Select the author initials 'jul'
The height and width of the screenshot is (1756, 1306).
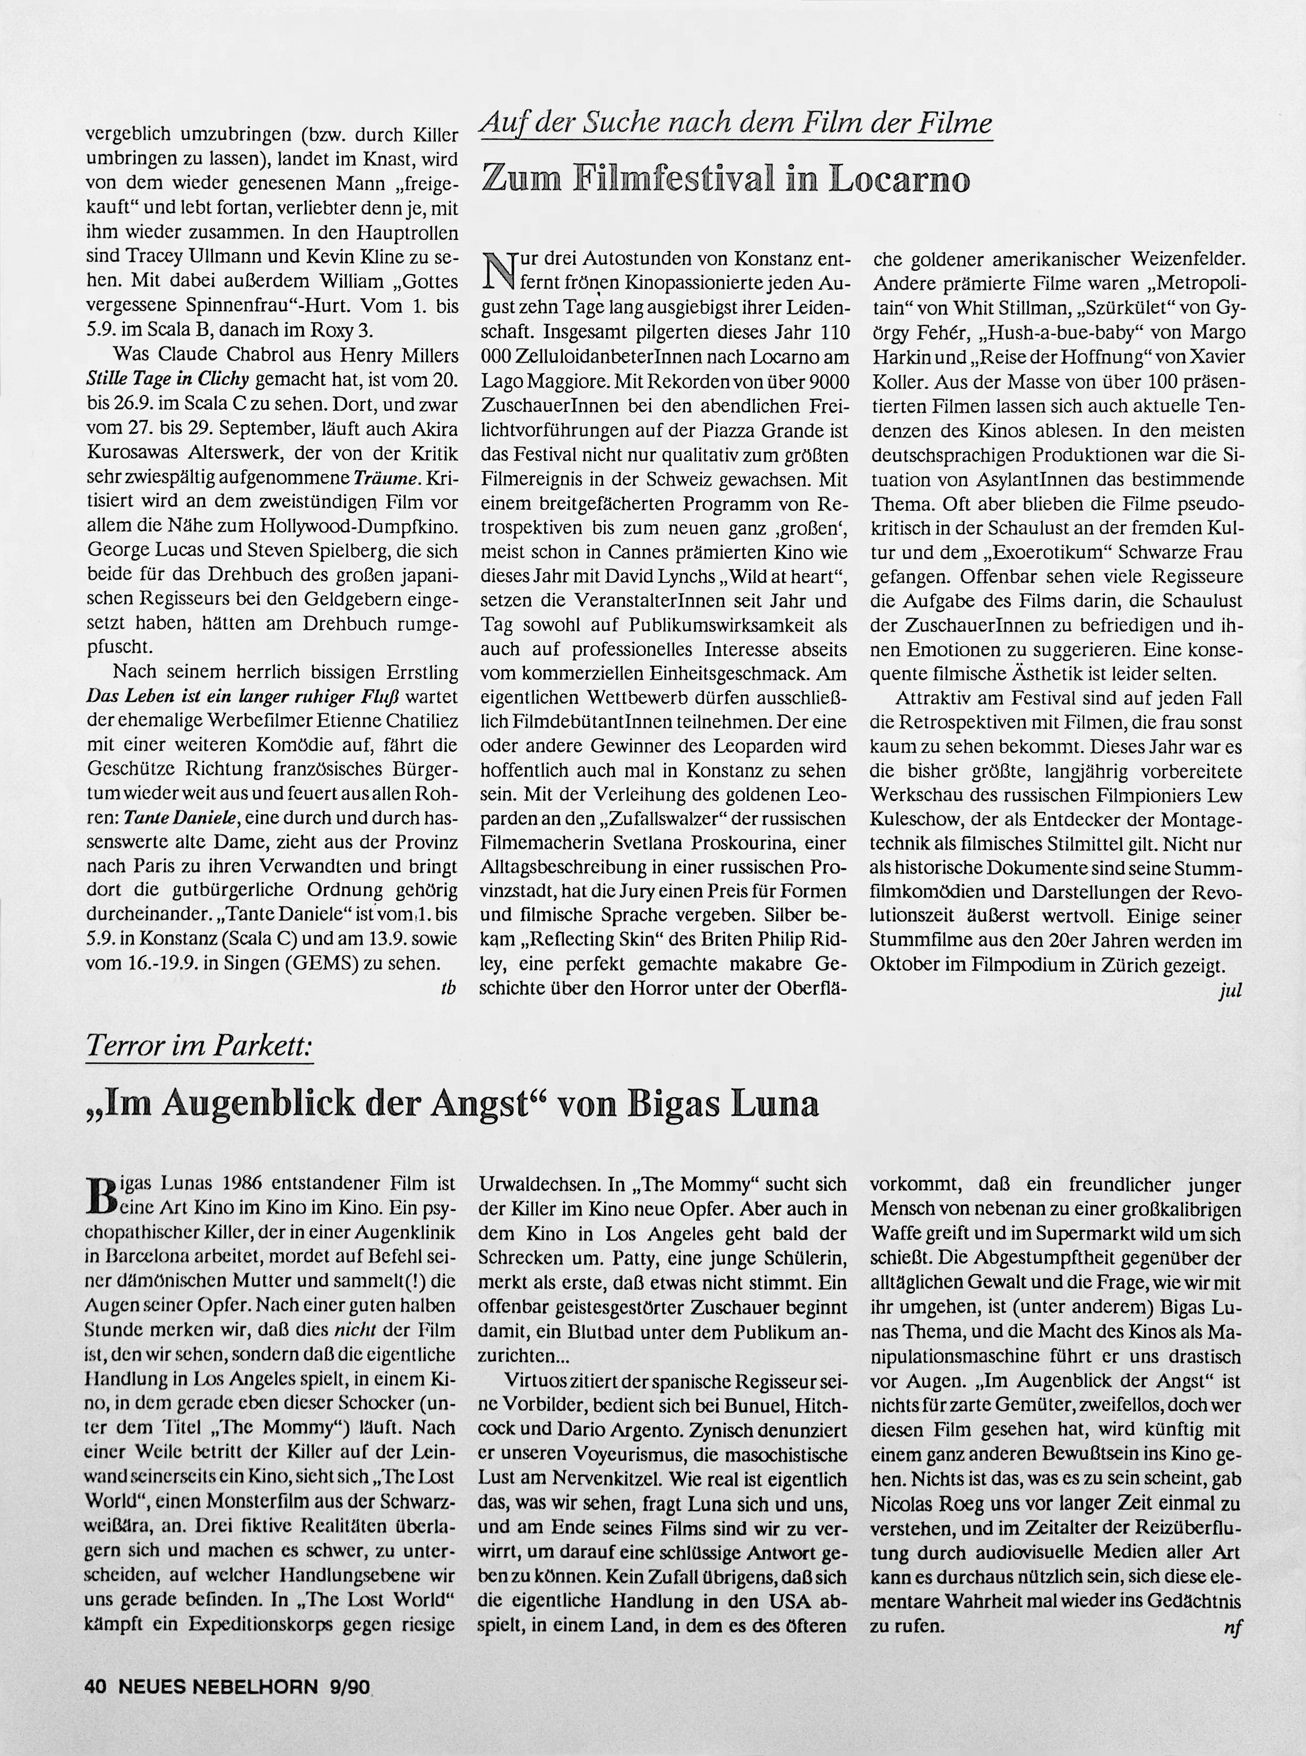1230,990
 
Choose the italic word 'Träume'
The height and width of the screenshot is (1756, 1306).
385,478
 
